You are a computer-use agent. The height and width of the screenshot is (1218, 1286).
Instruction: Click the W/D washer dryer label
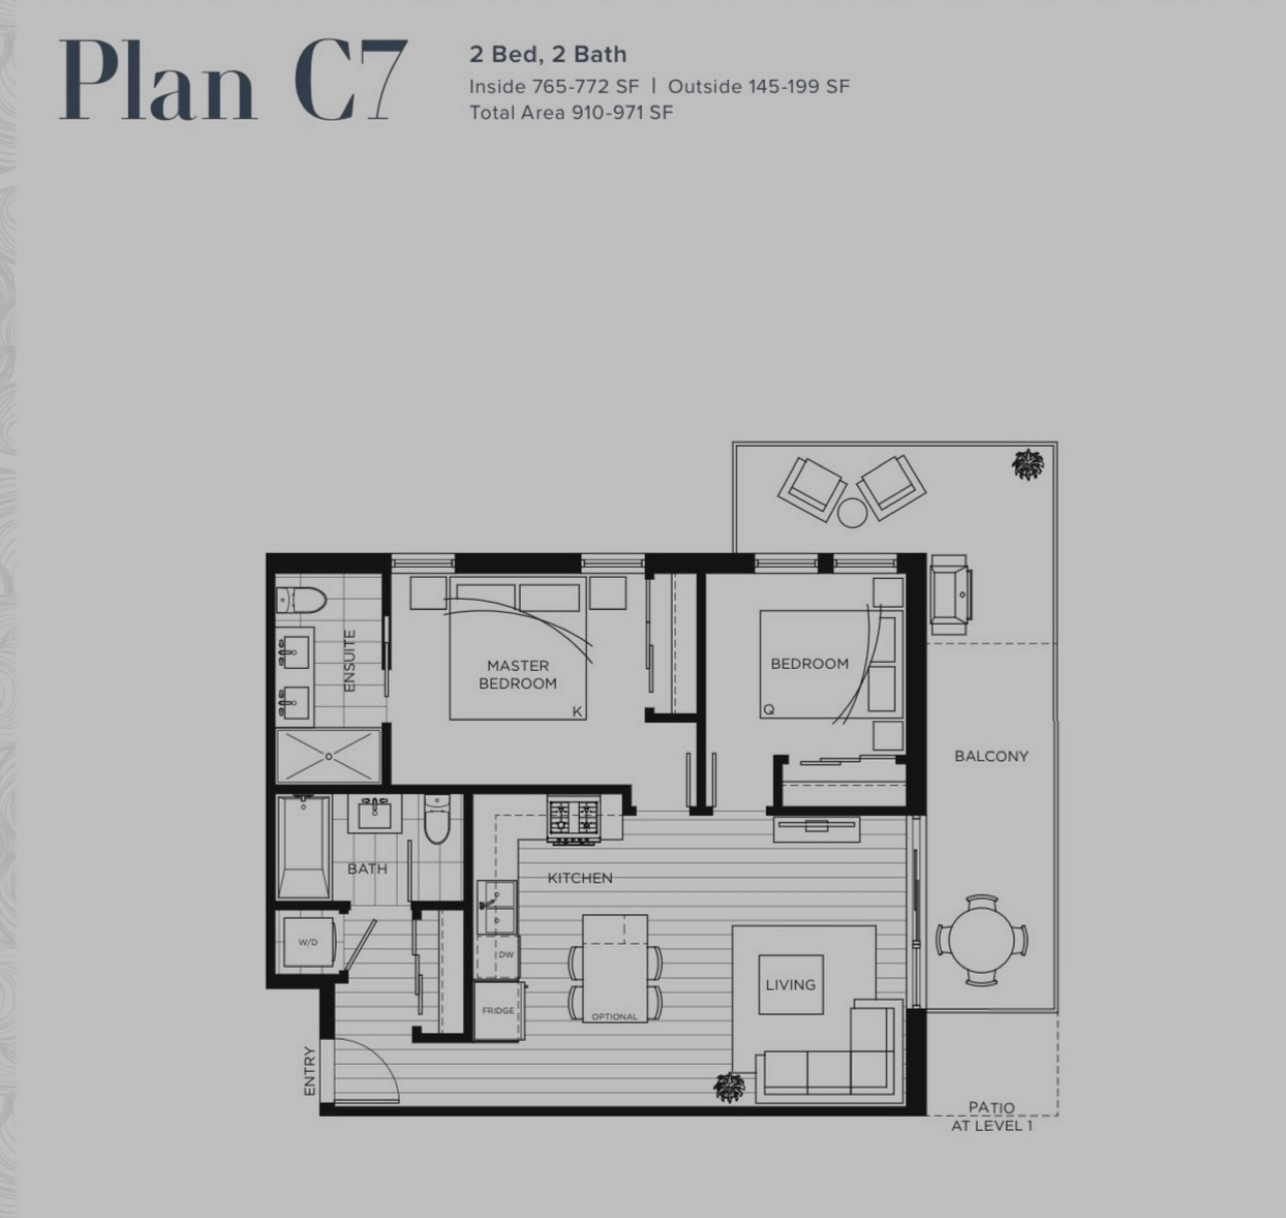point(308,942)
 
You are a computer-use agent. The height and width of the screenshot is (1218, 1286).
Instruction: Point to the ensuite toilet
point(300,600)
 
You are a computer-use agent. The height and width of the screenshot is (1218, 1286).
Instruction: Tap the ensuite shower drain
point(329,757)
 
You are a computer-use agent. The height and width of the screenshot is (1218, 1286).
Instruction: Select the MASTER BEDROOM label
point(517,674)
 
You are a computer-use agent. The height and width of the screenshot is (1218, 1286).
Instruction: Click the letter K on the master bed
point(576,712)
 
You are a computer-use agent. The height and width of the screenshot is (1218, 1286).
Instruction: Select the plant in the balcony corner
point(1028,464)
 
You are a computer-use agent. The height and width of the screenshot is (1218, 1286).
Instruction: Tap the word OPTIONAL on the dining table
point(614,1017)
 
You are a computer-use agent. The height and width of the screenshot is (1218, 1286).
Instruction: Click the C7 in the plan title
point(351,79)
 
